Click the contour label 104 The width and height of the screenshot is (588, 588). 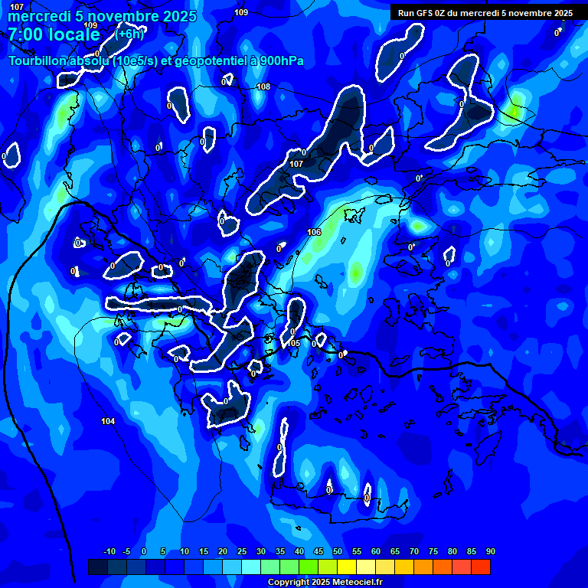tap(108, 421)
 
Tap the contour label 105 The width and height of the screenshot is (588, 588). tap(295, 343)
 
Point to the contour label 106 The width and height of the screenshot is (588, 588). tap(314, 232)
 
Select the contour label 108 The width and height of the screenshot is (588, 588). tap(263, 87)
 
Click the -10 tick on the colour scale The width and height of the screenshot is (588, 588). tap(109, 552)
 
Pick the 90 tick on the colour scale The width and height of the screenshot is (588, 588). tap(490, 552)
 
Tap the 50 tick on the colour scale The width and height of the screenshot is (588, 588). tap(338, 552)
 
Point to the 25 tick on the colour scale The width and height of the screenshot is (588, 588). tap(242, 552)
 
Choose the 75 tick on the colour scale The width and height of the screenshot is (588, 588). tap(433, 552)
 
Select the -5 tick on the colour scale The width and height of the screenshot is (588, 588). tap(127, 552)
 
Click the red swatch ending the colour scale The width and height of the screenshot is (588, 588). tap(481, 567)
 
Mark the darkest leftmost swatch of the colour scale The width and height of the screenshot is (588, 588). tap(98, 567)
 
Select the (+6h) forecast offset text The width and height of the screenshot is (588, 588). tap(129, 34)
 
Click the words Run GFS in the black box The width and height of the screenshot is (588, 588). tap(414, 13)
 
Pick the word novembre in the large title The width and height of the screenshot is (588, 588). tap(125, 16)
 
